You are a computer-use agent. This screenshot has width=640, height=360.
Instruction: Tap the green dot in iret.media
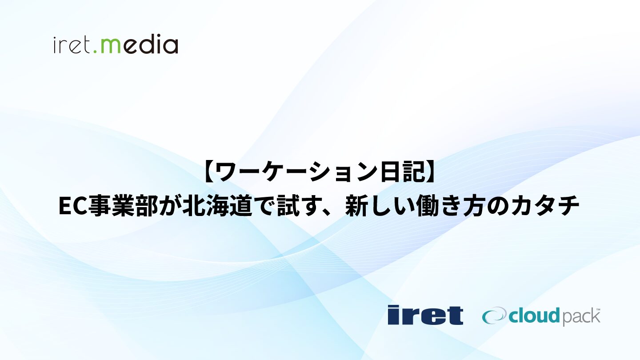(96, 52)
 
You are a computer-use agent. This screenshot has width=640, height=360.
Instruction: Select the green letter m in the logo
(110, 46)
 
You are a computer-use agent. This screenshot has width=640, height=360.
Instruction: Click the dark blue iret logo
(425, 315)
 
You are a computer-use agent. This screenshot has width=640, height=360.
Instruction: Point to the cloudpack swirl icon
(494, 316)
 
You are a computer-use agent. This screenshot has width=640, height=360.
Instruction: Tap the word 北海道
(217, 206)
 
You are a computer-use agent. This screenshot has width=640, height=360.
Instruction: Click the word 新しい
(380, 206)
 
